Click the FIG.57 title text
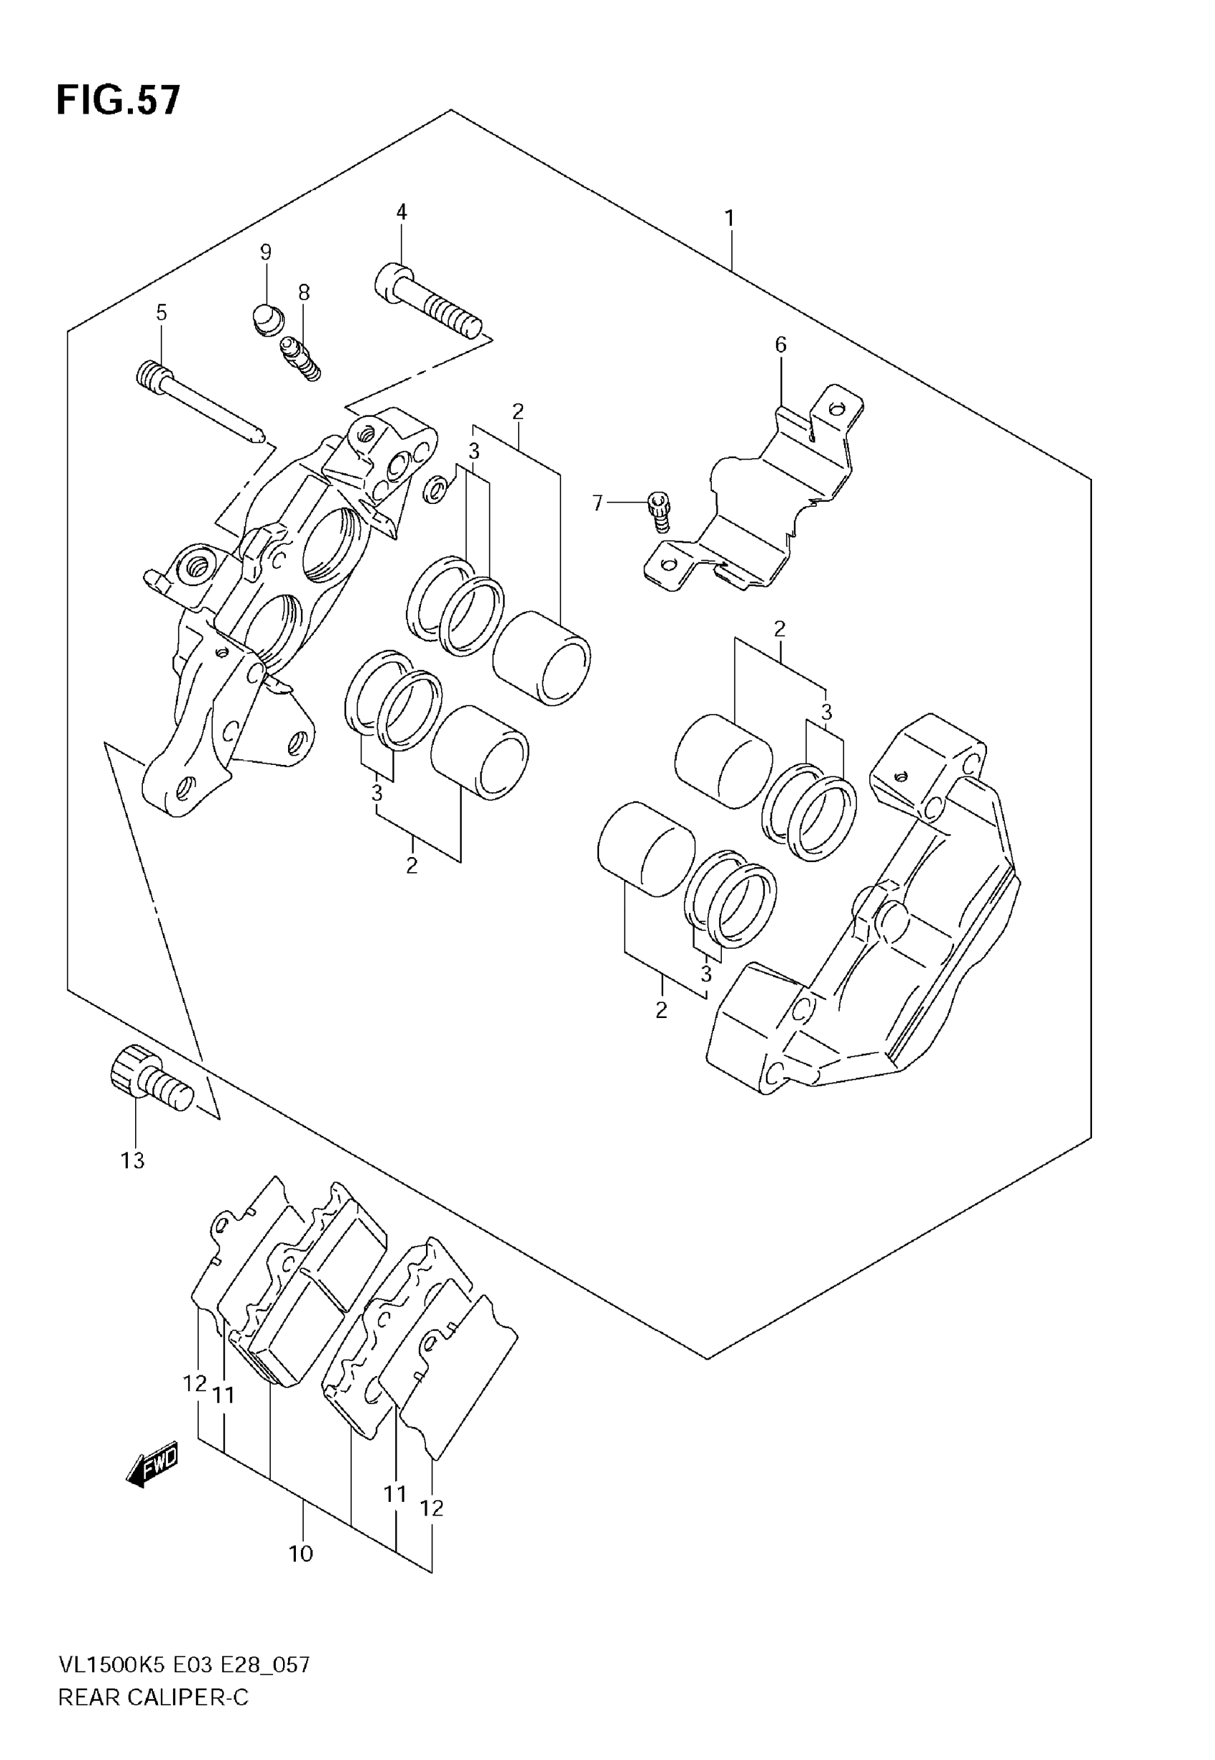tap(119, 101)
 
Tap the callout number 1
tap(729, 219)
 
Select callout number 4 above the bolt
tap(401, 212)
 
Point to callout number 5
tap(162, 312)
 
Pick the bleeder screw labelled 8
tap(301, 360)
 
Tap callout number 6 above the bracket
tap(780, 345)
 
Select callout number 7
tap(597, 503)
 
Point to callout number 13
tap(132, 1161)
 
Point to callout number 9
tap(266, 252)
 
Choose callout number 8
tap(304, 292)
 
